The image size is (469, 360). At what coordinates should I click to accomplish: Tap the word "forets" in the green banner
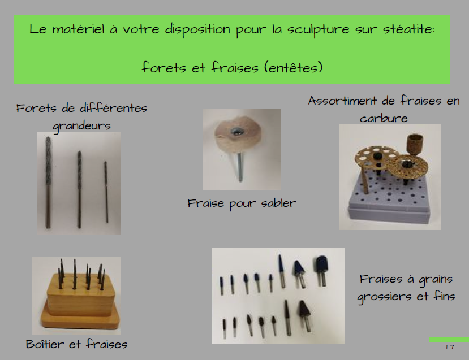(164, 67)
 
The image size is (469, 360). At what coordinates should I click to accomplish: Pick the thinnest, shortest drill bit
(106, 192)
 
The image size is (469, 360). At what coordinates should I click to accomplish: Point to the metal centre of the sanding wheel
(236, 132)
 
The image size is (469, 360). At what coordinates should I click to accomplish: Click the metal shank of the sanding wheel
(239, 167)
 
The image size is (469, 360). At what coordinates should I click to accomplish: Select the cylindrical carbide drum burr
(415, 144)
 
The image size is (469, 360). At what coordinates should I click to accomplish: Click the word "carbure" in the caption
(384, 119)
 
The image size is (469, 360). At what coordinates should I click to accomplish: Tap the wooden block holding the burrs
(80, 302)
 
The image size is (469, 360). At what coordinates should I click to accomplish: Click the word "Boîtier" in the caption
(45, 344)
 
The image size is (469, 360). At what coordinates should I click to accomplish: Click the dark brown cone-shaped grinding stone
(305, 310)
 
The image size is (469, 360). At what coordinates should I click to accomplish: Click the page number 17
(450, 346)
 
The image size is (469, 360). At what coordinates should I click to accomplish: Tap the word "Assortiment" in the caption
(342, 101)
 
